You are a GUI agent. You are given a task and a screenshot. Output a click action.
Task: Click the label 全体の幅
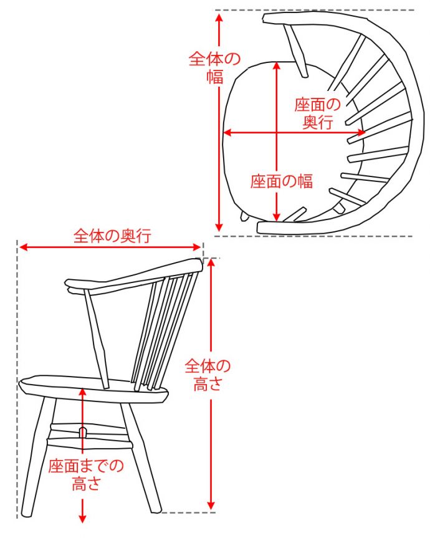214,67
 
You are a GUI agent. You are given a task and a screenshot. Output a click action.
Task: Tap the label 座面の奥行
318,113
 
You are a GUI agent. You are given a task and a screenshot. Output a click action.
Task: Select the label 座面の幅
281,181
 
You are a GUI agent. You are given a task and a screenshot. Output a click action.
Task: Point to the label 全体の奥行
113,236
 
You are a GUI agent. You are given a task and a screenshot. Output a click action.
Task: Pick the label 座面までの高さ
86,474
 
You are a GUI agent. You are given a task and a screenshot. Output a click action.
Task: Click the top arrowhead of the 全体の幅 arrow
218,16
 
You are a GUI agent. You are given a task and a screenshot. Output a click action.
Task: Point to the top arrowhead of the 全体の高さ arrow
212,262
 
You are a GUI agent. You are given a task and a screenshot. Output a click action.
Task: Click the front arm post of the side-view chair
98,337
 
